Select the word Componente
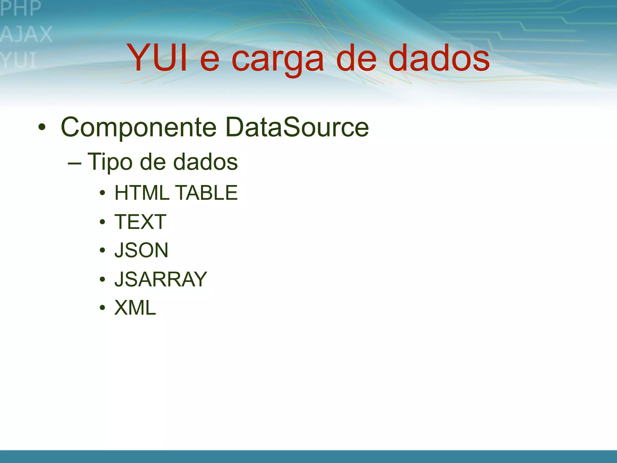point(139,128)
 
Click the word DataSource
point(297,127)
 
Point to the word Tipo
point(110,162)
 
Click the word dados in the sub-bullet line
point(205,162)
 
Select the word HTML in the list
point(142,193)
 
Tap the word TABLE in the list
point(206,193)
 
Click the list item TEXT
point(140,222)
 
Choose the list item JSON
point(141,250)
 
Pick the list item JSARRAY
point(161,279)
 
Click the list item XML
point(135,308)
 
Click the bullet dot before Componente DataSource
point(42,127)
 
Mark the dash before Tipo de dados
point(74,163)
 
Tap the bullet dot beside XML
point(102,308)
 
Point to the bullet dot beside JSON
point(102,250)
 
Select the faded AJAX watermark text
point(27,34)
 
